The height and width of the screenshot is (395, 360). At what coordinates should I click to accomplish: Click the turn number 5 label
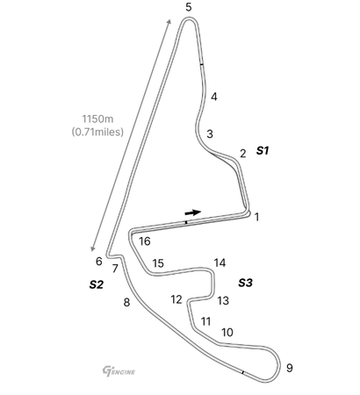pyautogui.click(x=189, y=7)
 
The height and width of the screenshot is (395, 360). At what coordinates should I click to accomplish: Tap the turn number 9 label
pyautogui.click(x=289, y=368)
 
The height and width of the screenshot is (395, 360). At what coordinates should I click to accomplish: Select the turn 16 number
pyautogui.click(x=145, y=241)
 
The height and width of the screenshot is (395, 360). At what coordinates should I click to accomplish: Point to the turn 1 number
pyautogui.click(x=257, y=217)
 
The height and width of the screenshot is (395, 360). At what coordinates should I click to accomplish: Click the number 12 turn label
pyautogui.click(x=176, y=299)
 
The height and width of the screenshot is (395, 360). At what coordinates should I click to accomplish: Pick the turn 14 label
pyautogui.click(x=220, y=263)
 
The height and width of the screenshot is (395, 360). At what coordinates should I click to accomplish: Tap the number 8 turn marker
pyautogui.click(x=126, y=302)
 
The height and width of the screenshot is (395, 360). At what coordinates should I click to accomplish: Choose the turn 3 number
pyautogui.click(x=210, y=133)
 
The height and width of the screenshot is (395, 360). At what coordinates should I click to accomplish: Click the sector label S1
pyautogui.click(x=263, y=151)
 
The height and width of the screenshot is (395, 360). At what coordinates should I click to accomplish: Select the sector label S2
pyautogui.click(x=97, y=284)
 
